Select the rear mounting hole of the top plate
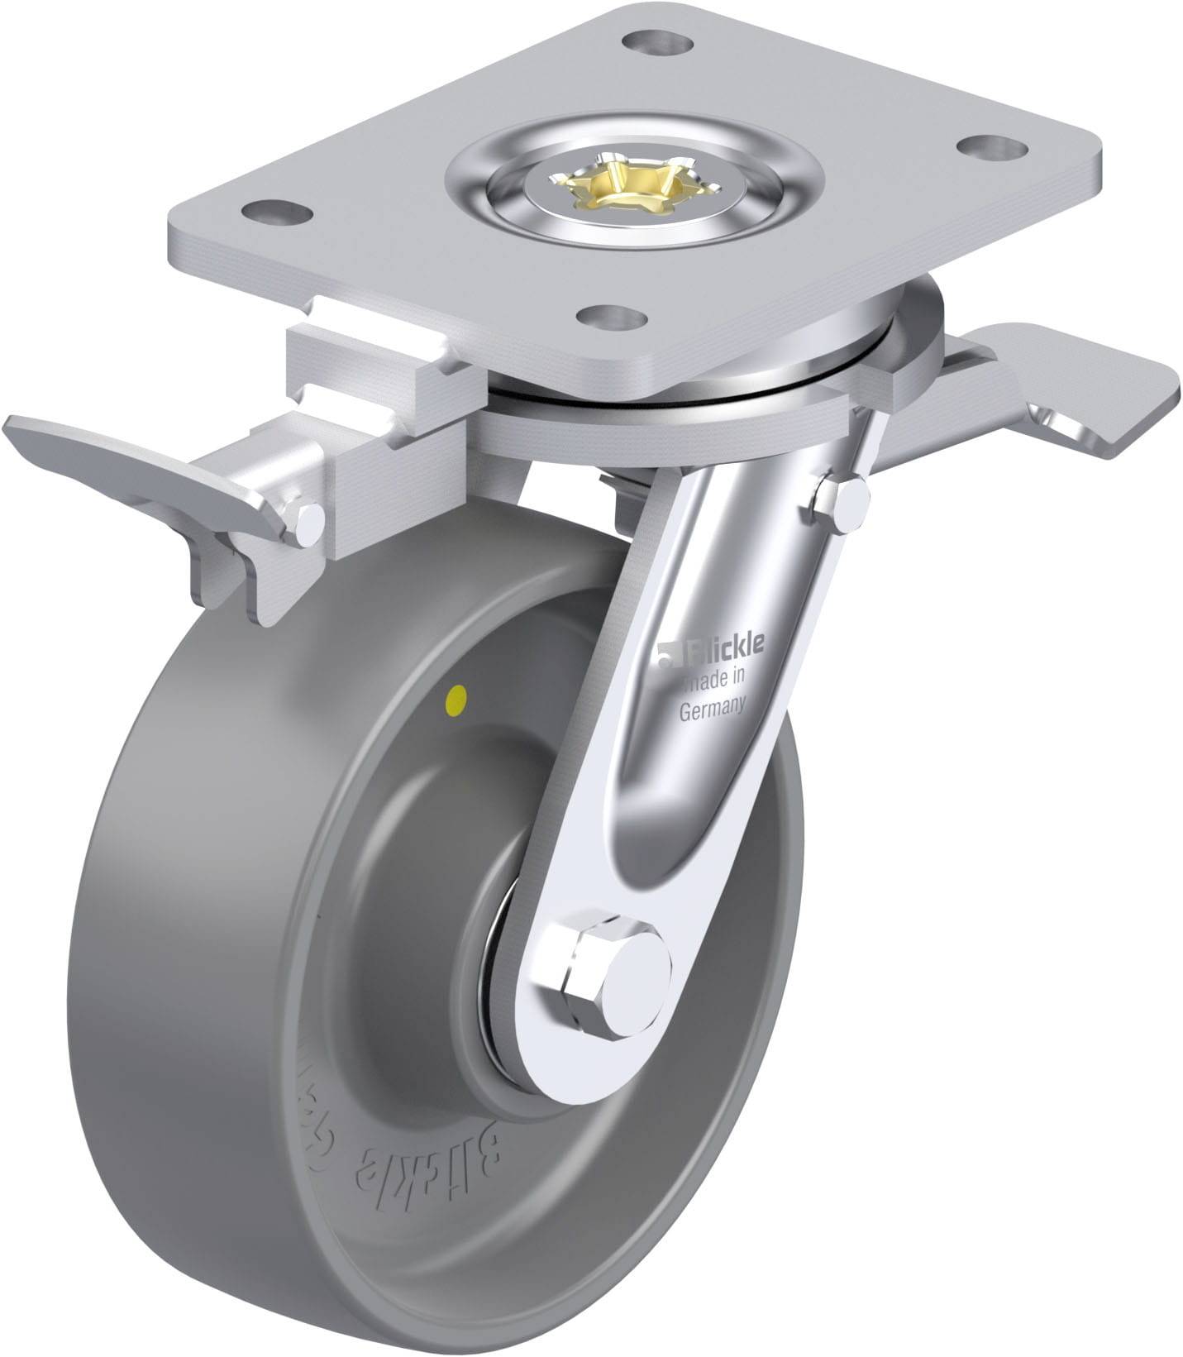coord(657,41)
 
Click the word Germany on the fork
coord(713,708)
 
